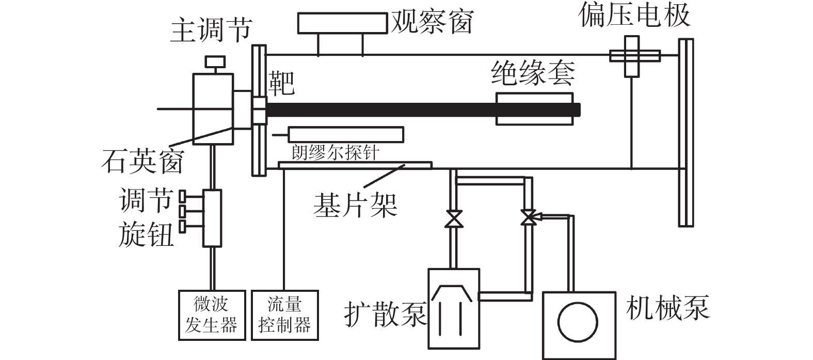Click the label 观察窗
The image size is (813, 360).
pyautogui.click(x=432, y=21)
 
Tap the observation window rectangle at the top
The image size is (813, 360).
pyautogui.click(x=342, y=24)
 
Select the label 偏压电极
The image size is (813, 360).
pyautogui.click(x=634, y=15)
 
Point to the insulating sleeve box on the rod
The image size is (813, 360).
pyautogui.click(x=534, y=109)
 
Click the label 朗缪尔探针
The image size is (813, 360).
pyautogui.click(x=336, y=153)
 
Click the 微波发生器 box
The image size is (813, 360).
pyautogui.click(x=211, y=315)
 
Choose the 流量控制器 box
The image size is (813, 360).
pyautogui.click(x=285, y=315)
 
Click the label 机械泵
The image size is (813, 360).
pyautogui.click(x=667, y=307)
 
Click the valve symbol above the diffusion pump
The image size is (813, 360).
pyautogui.click(x=454, y=218)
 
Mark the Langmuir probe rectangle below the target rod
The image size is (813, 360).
pyautogui.click(x=346, y=134)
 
